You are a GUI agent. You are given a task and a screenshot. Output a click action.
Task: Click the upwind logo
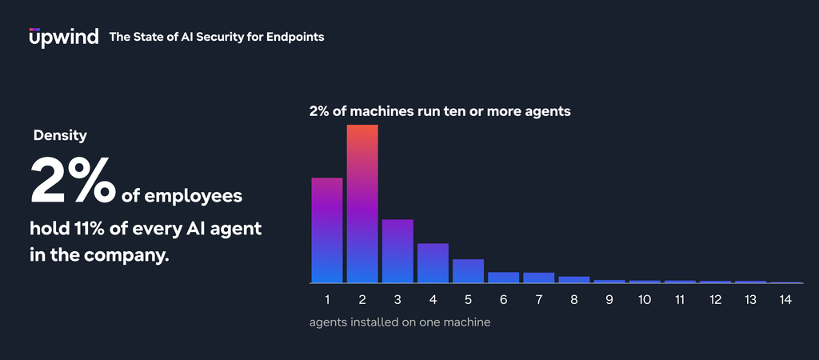tap(64, 37)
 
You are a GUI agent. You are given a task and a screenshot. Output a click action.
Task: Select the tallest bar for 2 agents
tap(362, 204)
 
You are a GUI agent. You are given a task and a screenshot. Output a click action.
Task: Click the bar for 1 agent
tap(327, 230)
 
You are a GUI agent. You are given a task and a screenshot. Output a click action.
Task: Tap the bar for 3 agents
tap(398, 251)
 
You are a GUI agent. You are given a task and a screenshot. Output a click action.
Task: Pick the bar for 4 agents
tap(433, 263)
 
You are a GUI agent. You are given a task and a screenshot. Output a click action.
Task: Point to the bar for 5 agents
tap(468, 271)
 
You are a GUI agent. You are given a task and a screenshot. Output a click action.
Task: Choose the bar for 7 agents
tap(539, 278)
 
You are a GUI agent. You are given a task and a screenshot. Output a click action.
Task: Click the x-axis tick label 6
tap(504, 300)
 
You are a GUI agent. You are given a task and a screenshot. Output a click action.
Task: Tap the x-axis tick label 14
tap(785, 300)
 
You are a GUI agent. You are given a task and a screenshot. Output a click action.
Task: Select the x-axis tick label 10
tap(645, 300)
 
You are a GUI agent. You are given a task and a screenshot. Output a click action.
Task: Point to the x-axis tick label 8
tap(574, 300)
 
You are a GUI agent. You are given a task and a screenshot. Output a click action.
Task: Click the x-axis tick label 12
tap(715, 300)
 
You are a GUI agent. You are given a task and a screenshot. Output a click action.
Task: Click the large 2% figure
tap(73, 180)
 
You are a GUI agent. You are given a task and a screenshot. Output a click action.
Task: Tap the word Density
tap(60, 136)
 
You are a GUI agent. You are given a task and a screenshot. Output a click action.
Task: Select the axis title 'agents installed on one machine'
tap(400, 322)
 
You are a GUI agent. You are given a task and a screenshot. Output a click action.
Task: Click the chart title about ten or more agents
tap(440, 111)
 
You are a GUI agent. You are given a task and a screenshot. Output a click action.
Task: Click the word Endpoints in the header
tap(295, 37)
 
